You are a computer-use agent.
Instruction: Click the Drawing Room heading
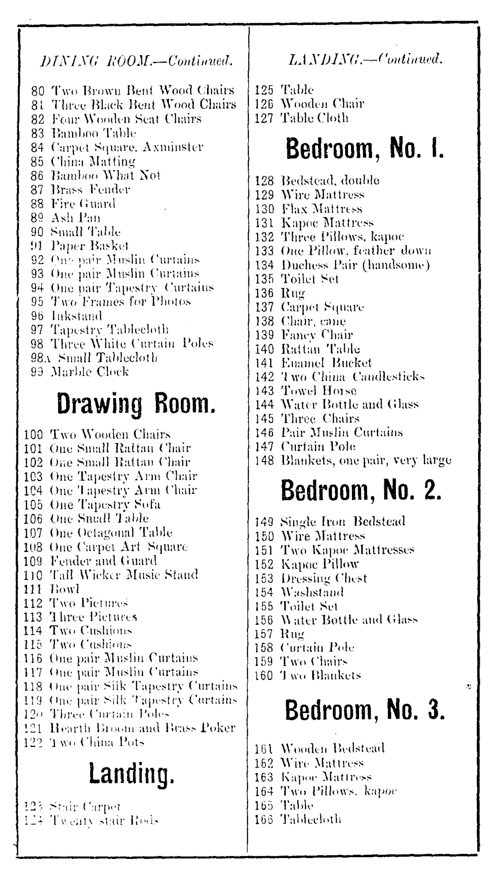pos(136,404)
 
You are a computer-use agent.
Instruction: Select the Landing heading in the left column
pos(132,773)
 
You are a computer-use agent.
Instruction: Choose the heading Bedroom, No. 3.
pos(364,710)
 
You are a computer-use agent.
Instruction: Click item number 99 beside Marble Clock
pos(37,372)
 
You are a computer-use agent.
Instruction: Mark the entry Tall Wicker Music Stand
pos(124,575)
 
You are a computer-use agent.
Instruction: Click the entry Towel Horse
pos(319,391)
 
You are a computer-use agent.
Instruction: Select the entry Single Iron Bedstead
pos(343,521)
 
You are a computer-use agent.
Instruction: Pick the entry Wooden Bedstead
pos(333,748)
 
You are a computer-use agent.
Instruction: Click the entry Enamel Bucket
pos(326,362)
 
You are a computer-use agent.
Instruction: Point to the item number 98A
pos(39,358)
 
